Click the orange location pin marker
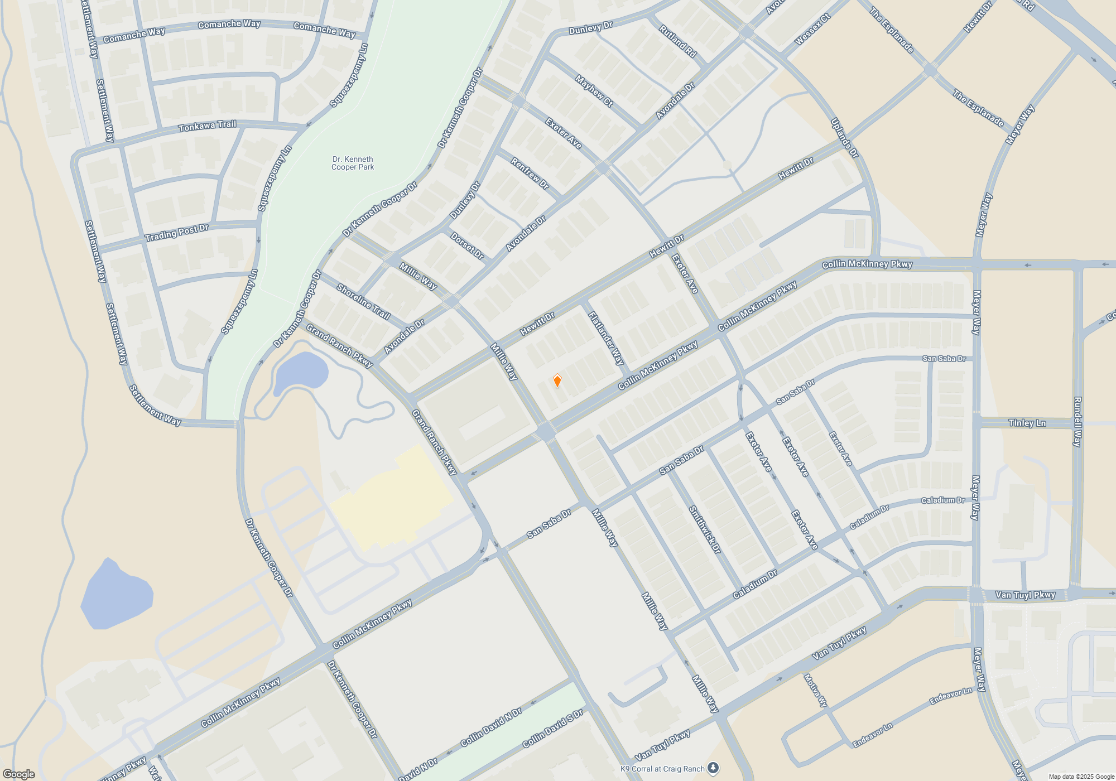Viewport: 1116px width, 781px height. pos(557,381)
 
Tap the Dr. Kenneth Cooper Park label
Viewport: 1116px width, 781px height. pos(353,163)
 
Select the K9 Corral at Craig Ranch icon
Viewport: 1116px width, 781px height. pos(713,768)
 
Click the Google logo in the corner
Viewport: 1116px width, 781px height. pos(19,774)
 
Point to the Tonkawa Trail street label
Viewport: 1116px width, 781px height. pos(208,126)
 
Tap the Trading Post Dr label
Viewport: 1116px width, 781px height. pos(176,233)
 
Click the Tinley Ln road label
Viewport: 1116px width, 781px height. pos(1027,423)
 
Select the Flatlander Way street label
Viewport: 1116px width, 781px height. pos(606,338)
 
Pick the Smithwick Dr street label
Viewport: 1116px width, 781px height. pos(705,529)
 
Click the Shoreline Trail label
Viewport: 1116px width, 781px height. pos(363,302)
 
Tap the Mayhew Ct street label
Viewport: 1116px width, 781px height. pos(594,91)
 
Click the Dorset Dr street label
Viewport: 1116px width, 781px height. pos(467,246)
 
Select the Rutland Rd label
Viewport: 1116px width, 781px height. pos(677,41)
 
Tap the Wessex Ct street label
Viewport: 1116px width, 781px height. pos(812,29)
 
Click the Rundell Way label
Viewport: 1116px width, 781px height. pos(1077,422)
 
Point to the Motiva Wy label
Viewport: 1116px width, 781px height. pos(815,691)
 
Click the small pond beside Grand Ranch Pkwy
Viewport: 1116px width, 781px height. pos(301,370)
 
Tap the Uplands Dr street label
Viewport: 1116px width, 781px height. pos(844,138)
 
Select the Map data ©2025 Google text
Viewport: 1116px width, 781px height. pos(1081,777)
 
